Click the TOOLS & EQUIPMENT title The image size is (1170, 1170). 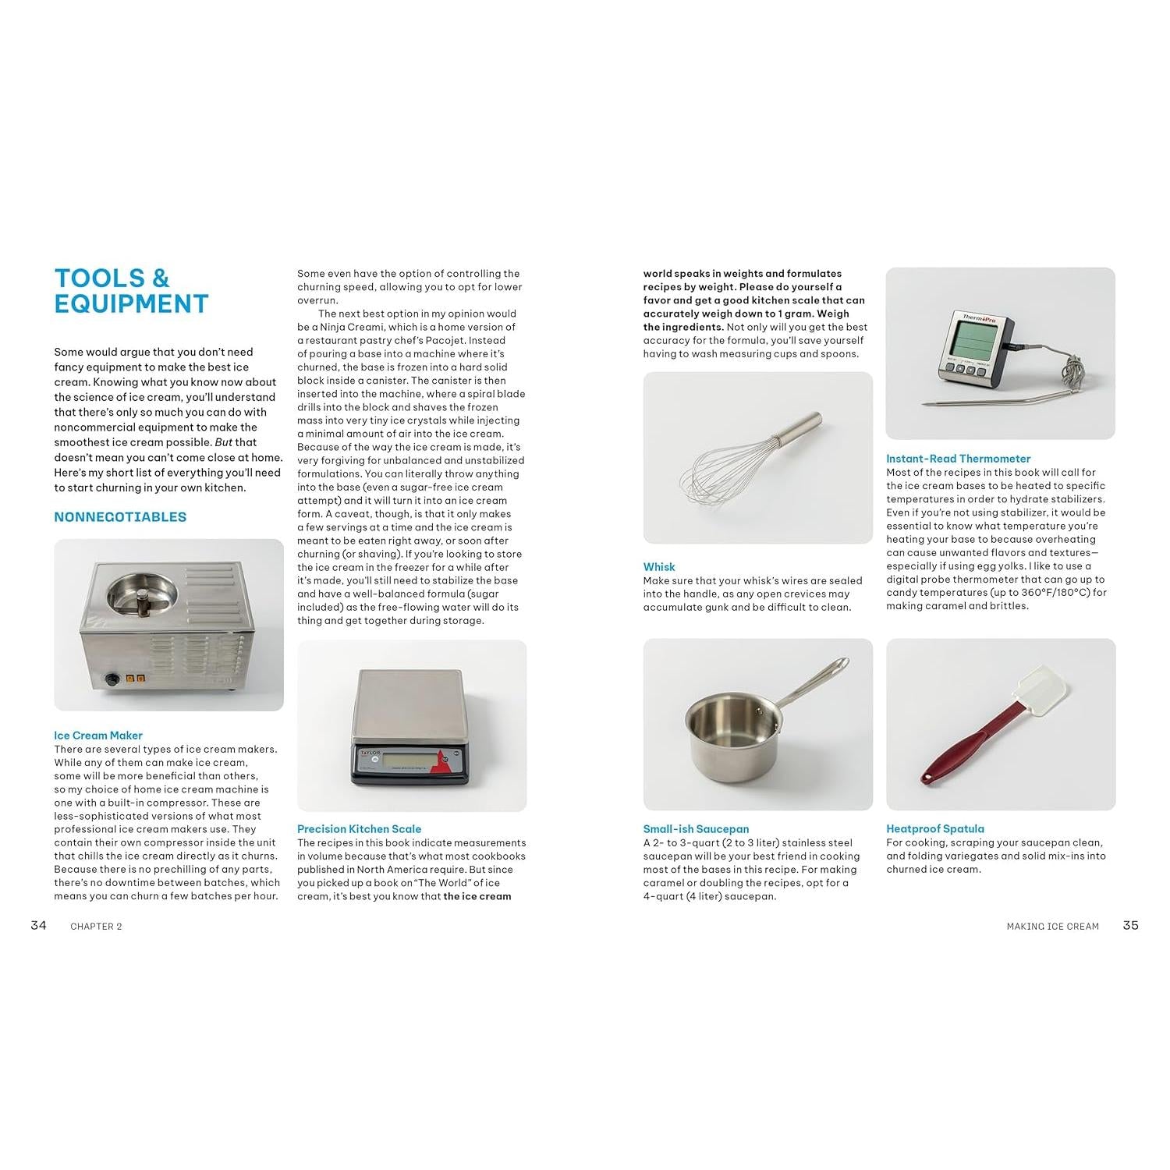(131, 291)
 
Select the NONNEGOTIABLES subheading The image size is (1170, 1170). (120, 517)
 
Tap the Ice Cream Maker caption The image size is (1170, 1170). (98, 736)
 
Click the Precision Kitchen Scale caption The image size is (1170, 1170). (359, 829)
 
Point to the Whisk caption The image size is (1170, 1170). (659, 567)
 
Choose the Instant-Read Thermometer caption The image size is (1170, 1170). (958, 459)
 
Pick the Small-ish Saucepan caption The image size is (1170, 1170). (696, 829)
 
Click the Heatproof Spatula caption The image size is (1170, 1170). (934, 829)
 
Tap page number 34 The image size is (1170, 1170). (38, 925)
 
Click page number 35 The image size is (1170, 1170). (1130, 925)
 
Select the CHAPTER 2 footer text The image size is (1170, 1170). (96, 927)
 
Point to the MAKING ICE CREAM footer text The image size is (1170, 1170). (1052, 927)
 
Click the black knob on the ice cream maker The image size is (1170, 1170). (112, 679)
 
